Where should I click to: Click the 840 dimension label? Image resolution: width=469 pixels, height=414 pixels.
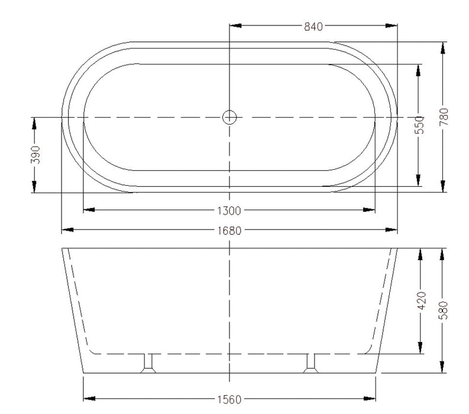point(313,27)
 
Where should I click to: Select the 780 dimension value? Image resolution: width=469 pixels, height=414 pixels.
point(444,117)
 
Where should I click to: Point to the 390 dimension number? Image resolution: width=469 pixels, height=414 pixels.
point(34,154)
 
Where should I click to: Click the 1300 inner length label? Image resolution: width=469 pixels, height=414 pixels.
point(229,210)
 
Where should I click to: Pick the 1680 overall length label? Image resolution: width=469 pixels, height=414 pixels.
point(229,230)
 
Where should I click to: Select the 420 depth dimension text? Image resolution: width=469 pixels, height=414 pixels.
point(420,301)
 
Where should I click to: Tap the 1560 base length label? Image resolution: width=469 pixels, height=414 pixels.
point(229,399)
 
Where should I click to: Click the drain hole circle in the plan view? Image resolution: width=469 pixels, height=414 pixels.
point(229,117)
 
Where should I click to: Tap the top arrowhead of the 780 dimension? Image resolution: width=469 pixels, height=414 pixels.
point(443,48)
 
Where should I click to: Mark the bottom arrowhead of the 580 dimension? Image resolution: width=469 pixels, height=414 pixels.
point(443,368)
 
